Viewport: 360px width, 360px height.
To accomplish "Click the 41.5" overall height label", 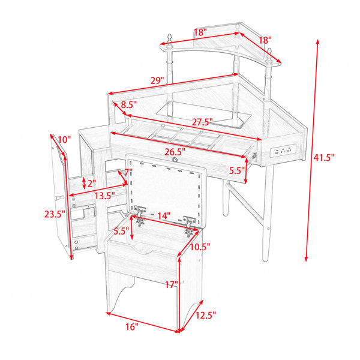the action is [324, 158].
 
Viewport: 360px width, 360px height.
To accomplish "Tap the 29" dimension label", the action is [157, 80].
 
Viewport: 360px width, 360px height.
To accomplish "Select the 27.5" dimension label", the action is [202, 122].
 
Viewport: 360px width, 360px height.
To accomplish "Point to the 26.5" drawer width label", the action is [175, 152].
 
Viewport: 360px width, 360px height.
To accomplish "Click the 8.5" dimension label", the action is [129, 104].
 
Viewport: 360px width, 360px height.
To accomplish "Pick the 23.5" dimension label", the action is [55, 214].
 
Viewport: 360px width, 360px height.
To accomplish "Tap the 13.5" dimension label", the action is [104, 196].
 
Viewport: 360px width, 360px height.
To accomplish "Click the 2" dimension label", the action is [91, 183].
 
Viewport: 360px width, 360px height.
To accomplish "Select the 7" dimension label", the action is [128, 172].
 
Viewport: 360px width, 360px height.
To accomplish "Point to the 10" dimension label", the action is [64, 139].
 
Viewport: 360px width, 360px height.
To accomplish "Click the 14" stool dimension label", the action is [164, 216].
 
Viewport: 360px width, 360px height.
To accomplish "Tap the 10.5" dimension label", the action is [200, 247].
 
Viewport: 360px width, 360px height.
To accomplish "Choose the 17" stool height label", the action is [172, 285].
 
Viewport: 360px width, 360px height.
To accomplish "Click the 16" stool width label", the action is [132, 327].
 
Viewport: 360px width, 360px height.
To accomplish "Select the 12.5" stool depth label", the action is [206, 315].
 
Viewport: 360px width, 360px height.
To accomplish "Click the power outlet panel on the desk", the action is [283, 151].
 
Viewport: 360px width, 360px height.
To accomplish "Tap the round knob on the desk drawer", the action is [175, 160].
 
